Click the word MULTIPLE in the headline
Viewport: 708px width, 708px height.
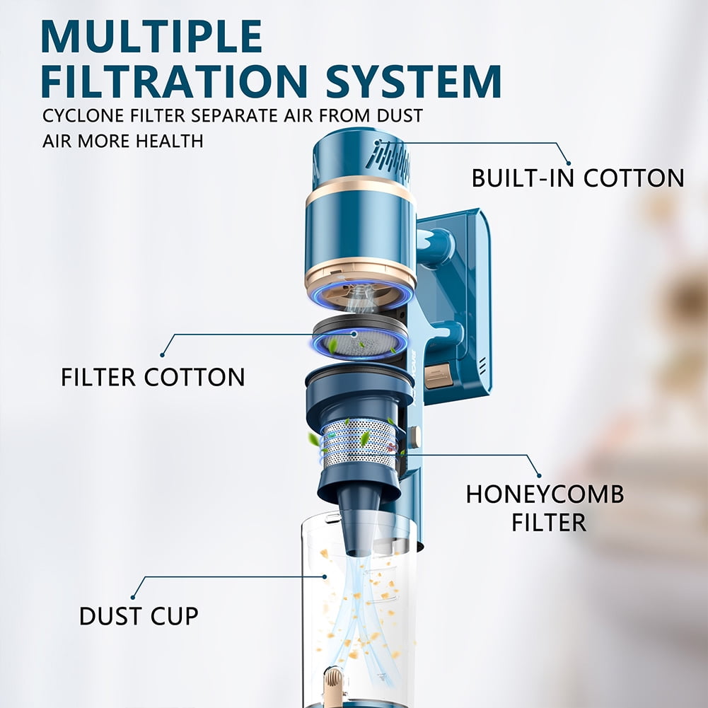click(x=151, y=37)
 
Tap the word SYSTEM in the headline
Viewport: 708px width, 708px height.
click(x=413, y=81)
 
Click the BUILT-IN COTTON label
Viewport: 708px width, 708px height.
click(x=578, y=178)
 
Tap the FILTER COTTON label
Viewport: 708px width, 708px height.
click(x=153, y=377)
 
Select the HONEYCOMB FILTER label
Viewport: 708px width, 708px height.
click(x=545, y=508)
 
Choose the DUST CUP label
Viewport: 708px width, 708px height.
click(x=139, y=616)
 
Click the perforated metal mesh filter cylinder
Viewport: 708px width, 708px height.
click(x=359, y=443)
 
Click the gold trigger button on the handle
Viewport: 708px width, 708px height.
click(x=438, y=376)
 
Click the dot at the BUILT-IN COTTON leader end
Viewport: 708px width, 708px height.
click(x=569, y=163)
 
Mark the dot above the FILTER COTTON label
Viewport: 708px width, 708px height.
click(x=163, y=355)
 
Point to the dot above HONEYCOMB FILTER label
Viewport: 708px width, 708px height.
click(x=539, y=475)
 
